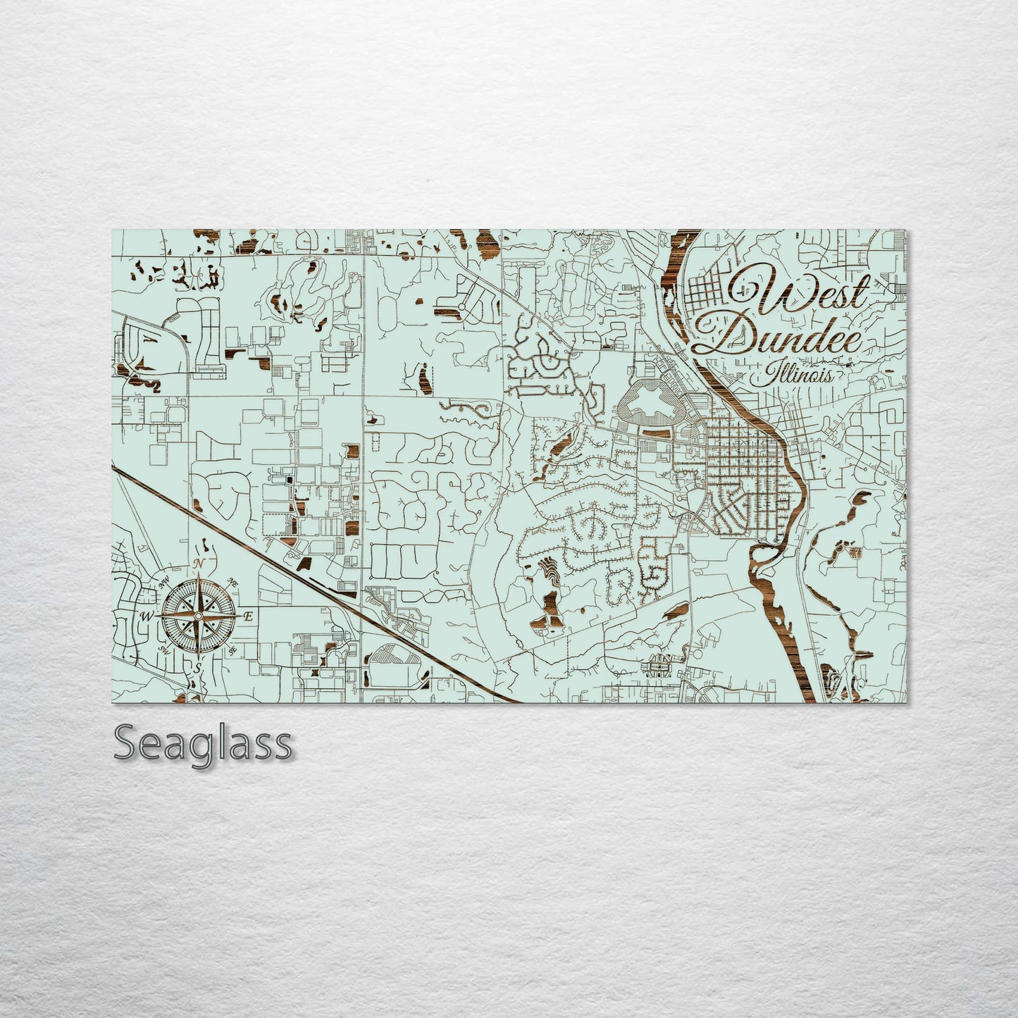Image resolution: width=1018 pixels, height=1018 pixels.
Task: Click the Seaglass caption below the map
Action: [202, 743]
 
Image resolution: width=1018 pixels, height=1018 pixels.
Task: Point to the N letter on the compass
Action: [200, 563]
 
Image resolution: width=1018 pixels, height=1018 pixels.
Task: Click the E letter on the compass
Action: [248, 616]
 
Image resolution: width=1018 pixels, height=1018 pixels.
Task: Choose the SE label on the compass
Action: [232, 650]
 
